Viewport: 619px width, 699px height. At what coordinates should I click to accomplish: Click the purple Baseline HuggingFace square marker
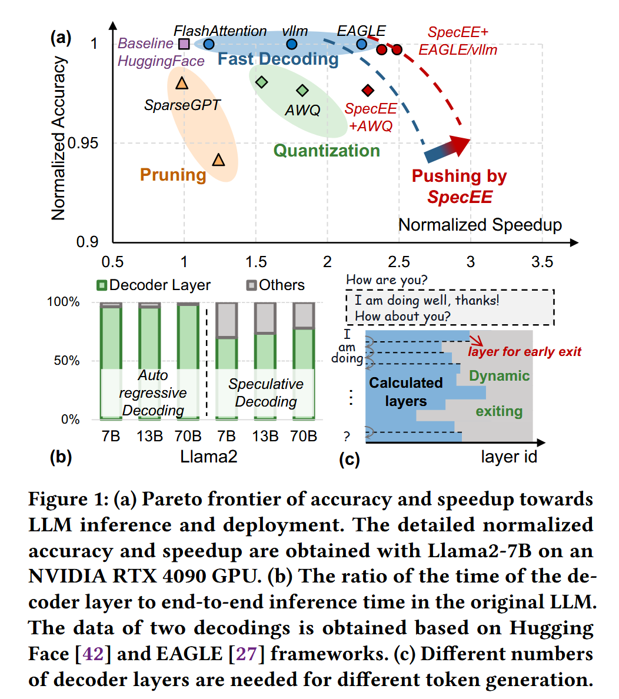click(x=184, y=44)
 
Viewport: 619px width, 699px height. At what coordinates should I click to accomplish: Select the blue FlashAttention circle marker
click(x=208, y=44)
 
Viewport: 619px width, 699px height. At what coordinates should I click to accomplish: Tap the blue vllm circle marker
click(x=292, y=44)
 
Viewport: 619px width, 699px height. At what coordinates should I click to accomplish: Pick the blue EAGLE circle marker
click(x=362, y=44)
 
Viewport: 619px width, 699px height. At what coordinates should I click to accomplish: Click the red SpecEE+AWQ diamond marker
click(x=368, y=90)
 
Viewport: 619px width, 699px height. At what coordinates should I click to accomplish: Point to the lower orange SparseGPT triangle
click(x=218, y=160)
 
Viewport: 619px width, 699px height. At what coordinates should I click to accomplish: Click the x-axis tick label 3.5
click(x=542, y=262)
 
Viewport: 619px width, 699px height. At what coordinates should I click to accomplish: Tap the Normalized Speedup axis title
click(x=480, y=225)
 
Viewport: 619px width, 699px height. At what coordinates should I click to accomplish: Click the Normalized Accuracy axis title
click(x=58, y=138)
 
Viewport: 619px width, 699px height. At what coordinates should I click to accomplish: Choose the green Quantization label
click(x=327, y=151)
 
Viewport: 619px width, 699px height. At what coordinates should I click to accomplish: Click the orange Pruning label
click(x=173, y=175)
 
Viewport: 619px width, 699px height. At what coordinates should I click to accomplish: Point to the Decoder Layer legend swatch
click(x=102, y=285)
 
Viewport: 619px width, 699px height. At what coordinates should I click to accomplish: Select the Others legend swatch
click(x=251, y=285)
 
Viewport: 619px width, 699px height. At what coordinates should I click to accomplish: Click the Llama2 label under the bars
click(x=208, y=456)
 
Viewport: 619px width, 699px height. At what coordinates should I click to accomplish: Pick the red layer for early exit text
click(x=524, y=352)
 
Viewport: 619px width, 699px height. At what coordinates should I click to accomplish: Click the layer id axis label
click(x=509, y=457)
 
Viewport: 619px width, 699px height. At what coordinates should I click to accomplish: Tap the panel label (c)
click(x=350, y=458)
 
